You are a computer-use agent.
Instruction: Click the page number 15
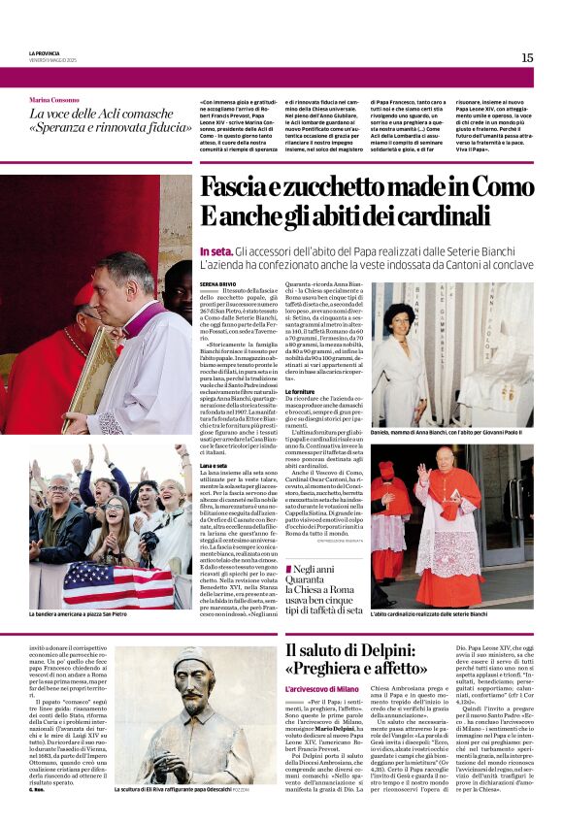[x=527, y=57]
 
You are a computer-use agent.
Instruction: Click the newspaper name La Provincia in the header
[x=45, y=52]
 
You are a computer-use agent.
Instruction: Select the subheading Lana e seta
[x=215, y=466]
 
